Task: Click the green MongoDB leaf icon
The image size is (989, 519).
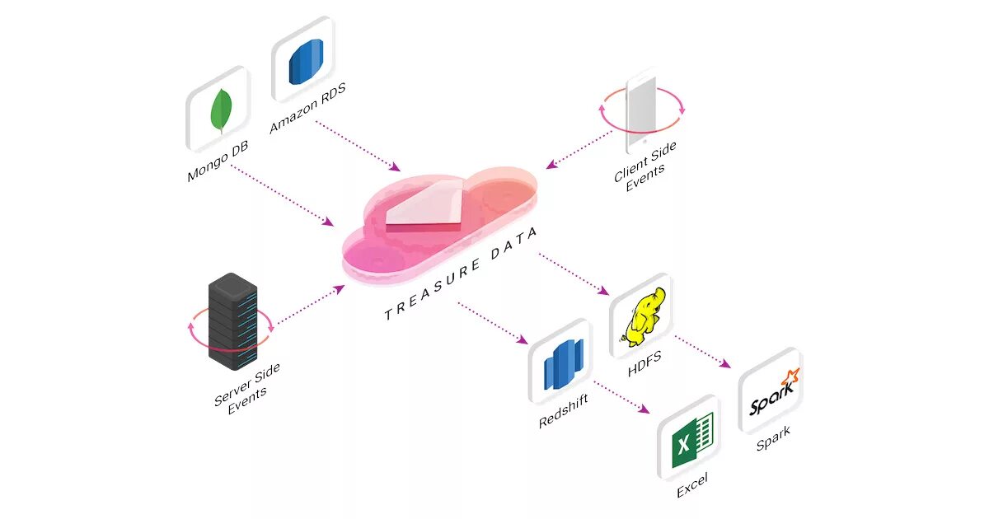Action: click(x=220, y=110)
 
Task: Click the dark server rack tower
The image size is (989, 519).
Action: click(x=232, y=322)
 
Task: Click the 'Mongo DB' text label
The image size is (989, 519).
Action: click(x=218, y=161)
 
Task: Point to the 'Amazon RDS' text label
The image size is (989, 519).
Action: click(x=308, y=108)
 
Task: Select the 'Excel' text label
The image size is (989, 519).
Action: click(x=692, y=486)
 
